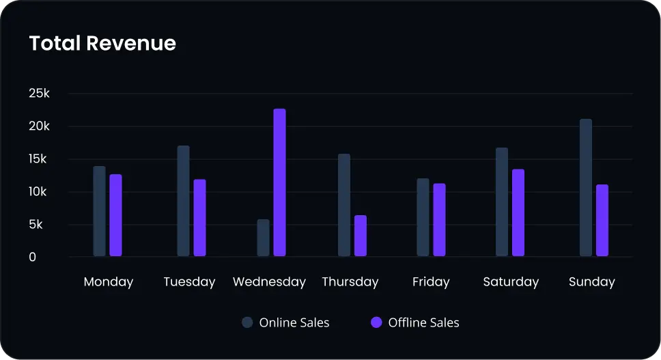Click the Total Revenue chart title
(102, 44)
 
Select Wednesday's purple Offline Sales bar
(279, 182)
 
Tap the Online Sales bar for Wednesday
(263, 238)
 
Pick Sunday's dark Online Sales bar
(585, 188)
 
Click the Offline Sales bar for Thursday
(360, 236)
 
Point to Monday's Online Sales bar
(99, 211)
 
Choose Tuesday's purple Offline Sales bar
(199, 218)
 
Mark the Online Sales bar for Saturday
(502, 202)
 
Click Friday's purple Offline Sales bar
(439, 220)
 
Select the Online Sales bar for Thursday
(343, 205)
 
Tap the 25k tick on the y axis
(38, 94)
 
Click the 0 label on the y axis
(32, 258)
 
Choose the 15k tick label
(38, 159)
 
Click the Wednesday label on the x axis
(269, 282)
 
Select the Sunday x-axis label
(591, 282)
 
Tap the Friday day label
(431, 282)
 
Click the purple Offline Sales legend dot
(376, 322)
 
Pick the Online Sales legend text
(294, 322)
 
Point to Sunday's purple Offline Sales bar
(602, 221)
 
